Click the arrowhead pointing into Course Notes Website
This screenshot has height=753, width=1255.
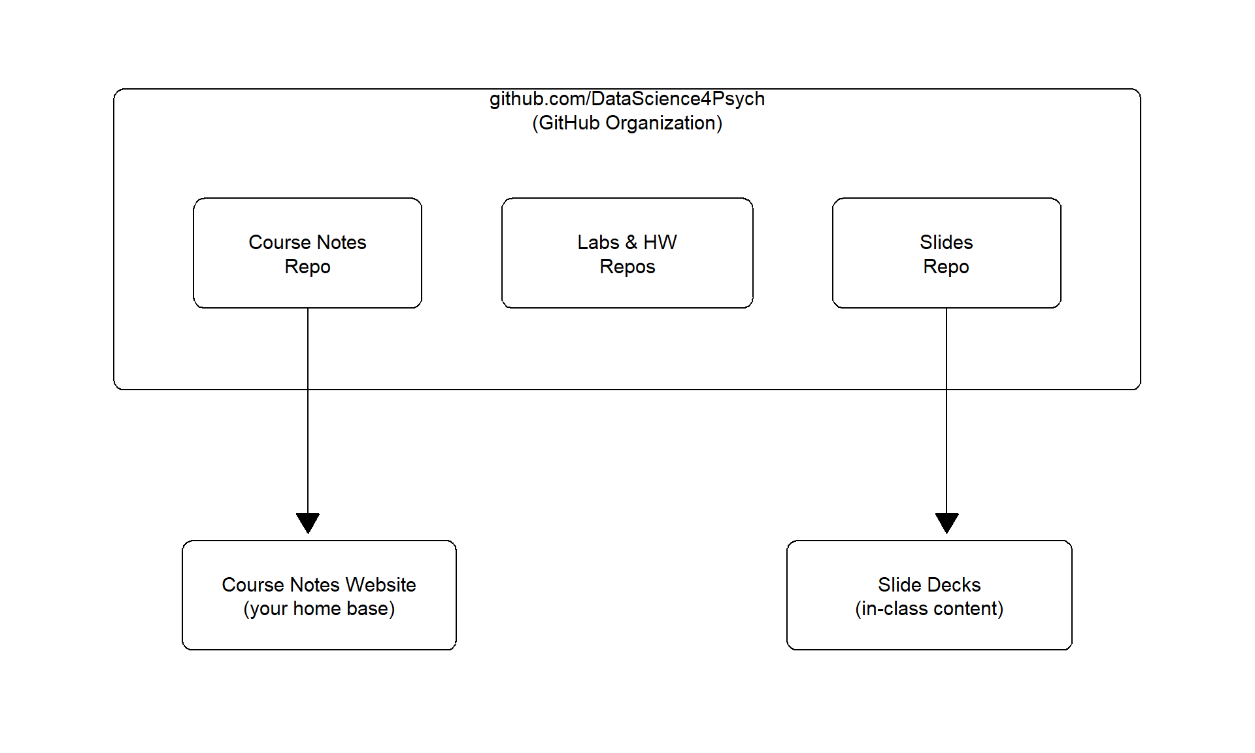307,522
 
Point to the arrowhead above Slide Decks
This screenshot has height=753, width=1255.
946,522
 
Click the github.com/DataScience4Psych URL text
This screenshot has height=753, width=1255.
627,99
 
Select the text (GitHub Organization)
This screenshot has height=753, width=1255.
627,123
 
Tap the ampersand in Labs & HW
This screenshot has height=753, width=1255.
631,243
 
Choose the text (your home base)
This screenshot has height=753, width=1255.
319,609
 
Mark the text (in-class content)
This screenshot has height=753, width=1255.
929,609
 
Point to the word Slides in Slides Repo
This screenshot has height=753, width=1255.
946,243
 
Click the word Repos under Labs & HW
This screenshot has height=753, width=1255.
627,267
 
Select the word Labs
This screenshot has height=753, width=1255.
597,243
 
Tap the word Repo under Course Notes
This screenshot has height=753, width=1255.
307,267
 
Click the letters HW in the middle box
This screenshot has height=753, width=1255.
660,243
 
